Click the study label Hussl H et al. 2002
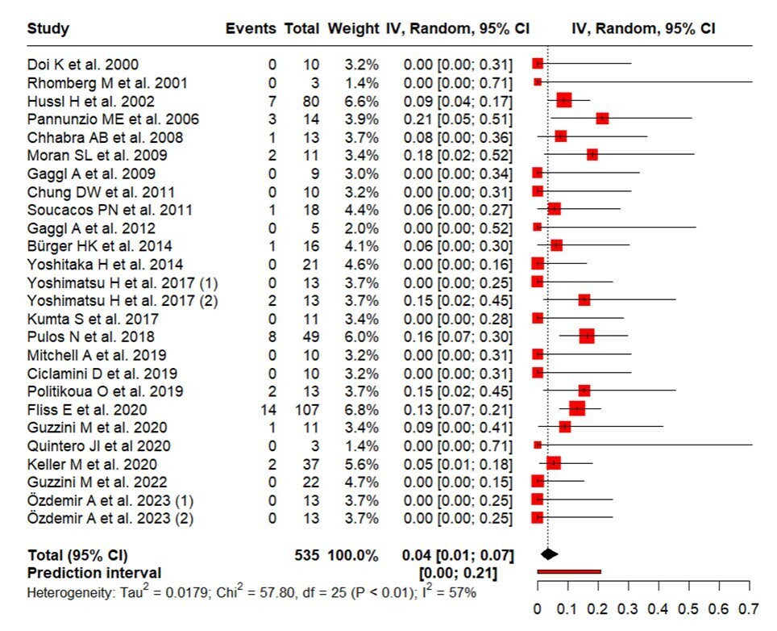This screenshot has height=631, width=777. click(x=90, y=101)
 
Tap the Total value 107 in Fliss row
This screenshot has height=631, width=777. click(x=305, y=408)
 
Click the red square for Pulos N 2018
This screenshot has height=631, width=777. click(x=586, y=336)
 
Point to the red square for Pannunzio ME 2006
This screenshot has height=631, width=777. click(x=601, y=119)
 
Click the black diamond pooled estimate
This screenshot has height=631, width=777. click(x=549, y=554)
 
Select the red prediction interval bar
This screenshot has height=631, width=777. click(x=569, y=572)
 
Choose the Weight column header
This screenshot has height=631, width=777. click(x=352, y=29)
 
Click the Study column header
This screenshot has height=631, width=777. click(x=48, y=29)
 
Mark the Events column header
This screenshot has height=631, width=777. click(x=251, y=29)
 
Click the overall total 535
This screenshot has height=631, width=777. click(x=307, y=555)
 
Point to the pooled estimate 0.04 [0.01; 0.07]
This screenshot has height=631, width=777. click(x=456, y=555)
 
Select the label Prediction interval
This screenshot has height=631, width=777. click(x=94, y=573)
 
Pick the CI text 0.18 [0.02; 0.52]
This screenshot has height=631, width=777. click(x=456, y=155)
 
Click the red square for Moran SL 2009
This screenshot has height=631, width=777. click(x=592, y=154)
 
